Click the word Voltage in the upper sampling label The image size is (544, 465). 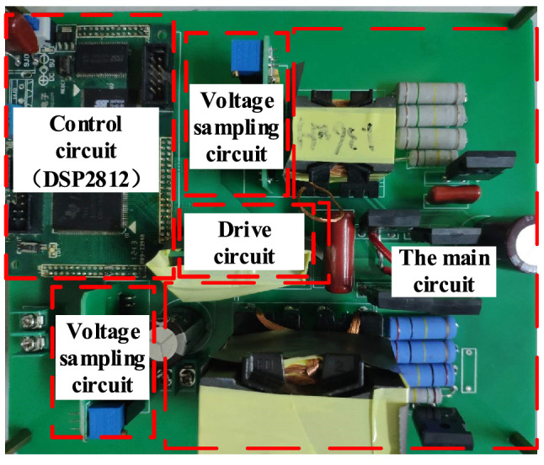pyautogui.click(x=238, y=102)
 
